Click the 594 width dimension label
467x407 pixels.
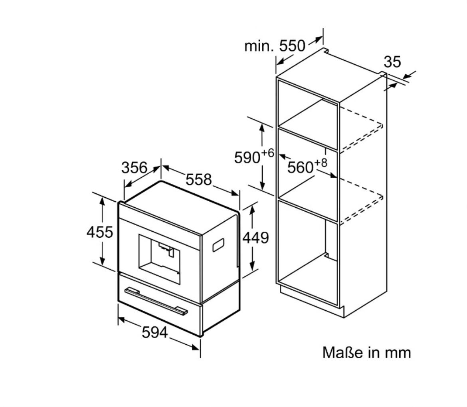(154, 332)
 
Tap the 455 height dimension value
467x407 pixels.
(100, 232)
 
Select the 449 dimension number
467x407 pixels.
(255, 238)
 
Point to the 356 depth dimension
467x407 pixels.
(135, 167)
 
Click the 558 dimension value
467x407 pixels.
(199, 179)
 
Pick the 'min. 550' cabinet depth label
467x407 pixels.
(275, 46)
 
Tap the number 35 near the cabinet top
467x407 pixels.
(392, 62)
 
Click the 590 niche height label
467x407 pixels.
(247, 157)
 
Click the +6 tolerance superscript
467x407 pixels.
(267, 153)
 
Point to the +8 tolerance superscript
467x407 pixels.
(321, 163)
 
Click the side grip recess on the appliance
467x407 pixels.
(218, 244)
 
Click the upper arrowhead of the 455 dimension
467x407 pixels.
(102, 201)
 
